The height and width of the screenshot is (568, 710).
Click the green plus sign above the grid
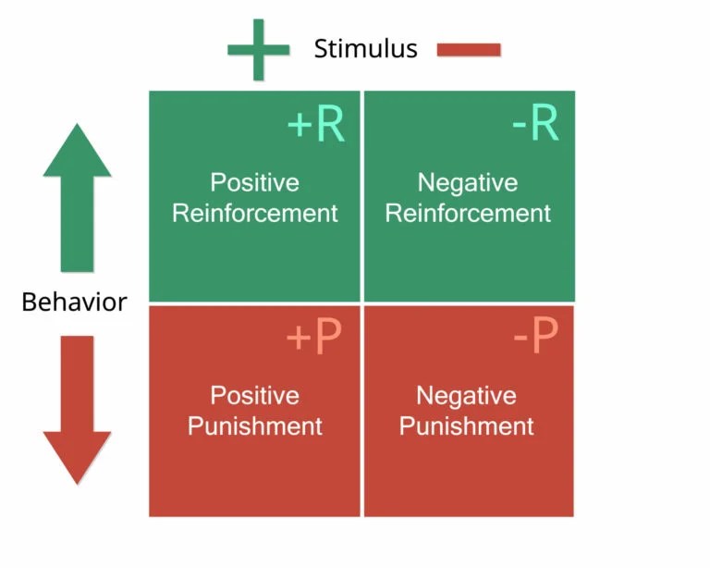point(258,50)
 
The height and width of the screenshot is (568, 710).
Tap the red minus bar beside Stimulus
point(469,49)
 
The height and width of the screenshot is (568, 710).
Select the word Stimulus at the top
point(365,49)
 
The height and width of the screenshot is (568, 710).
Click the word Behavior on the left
point(74,303)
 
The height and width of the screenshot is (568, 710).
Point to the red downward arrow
point(77,407)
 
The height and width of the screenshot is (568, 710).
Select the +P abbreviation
point(313,339)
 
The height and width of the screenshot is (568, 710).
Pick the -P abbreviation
point(535,339)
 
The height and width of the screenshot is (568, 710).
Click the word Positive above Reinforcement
point(254,182)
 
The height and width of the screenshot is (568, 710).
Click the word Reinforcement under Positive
point(255,213)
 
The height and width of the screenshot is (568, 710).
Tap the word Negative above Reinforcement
point(468,182)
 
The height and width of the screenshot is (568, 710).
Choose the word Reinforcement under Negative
point(468,213)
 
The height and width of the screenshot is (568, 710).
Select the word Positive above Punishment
point(254,396)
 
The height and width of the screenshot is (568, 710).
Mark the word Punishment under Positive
point(255,426)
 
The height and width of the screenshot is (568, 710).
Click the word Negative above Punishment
point(466,396)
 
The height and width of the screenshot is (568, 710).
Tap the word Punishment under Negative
point(467,426)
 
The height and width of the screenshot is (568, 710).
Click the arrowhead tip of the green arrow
point(77,128)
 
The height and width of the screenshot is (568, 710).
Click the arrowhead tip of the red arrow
point(77,481)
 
